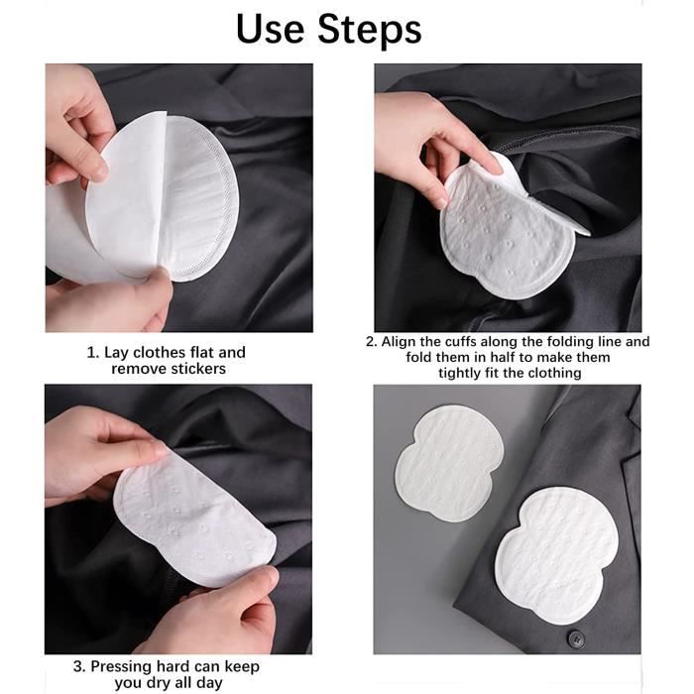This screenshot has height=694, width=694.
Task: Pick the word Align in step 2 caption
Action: point(401,341)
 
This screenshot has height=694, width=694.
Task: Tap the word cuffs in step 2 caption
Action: point(474,341)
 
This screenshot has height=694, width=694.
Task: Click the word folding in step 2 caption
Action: point(563,341)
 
